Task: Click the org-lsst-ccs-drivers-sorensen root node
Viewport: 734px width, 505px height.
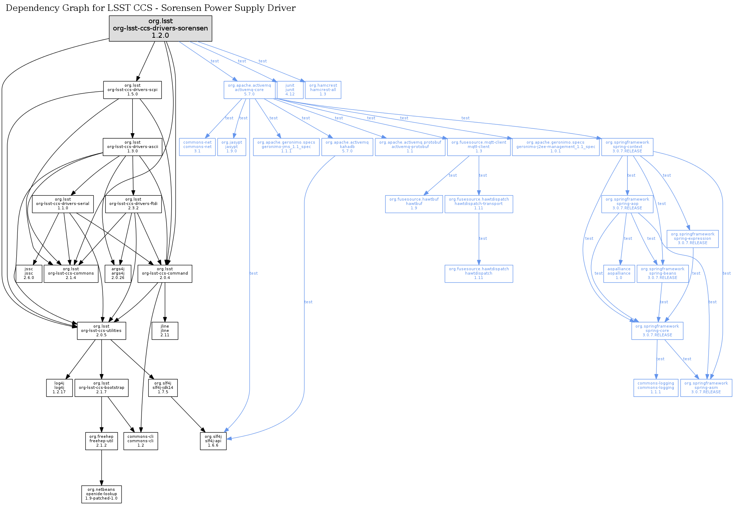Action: pyautogui.click(x=160, y=28)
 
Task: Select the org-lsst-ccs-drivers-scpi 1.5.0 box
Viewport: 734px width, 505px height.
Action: pyautogui.click(x=132, y=90)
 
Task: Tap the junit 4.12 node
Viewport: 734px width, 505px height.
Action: pyautogui.click(x=290, y=90)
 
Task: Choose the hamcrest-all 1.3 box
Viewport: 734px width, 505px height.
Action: pyautogui.click(x=323, y=90)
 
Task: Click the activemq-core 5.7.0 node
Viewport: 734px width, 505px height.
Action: pyautogui.click(x=249, y=90)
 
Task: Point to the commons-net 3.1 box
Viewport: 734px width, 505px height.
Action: pyautogui.click(x=197, y=147)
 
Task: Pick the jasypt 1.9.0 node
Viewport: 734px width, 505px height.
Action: pyautogui.click(x=231, y=147)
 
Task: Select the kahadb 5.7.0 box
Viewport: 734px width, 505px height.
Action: pyautogui.click(x=347, y=147)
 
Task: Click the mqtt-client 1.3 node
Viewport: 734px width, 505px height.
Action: pyautogui.click(x=479, y=147)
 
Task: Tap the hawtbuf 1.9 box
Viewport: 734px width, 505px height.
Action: pyautogui.click(x=414, y=204)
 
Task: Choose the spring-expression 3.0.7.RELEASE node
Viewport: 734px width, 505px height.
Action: pyautogui.click(x=692, y=239)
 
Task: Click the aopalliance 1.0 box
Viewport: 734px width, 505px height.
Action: pyautogui.click(x=619, y=274)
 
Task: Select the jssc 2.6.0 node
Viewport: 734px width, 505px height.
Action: pyautogui.click(x=29, y=274)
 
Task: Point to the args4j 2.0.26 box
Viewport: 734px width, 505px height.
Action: pyautogui.click(x=118, y=274)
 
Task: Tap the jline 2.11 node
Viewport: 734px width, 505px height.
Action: pyautogui.click(x=165, y=331)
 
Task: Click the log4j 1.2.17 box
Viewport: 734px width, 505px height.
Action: pyautogui.click(x=59, y=388)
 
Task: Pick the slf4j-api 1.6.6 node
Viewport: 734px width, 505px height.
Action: pyautogui.click(x=213, y=441)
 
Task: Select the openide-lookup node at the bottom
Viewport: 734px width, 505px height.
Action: pyautogui.click(x=101, y=494)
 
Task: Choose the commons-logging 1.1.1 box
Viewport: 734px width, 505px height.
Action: pyautogui.click(x=656, y=388)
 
